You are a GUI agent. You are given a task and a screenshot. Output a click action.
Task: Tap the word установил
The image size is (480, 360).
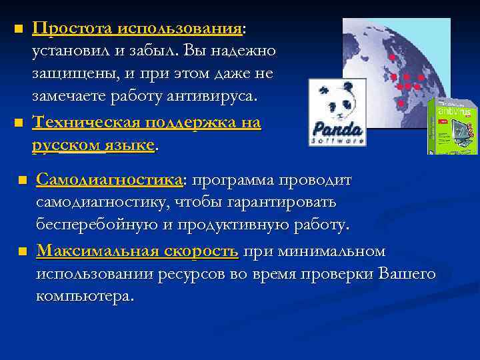(66, 51)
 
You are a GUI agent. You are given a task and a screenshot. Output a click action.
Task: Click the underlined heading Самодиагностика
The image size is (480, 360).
(109, 181)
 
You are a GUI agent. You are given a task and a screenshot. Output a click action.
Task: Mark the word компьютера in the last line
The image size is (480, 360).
(84, 296)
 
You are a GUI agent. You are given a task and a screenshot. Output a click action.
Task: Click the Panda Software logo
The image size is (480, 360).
(337, 112)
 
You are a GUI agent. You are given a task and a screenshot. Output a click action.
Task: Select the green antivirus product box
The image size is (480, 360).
(453, 126)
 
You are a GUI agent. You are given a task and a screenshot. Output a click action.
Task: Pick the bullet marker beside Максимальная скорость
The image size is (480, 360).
(21, 252)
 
